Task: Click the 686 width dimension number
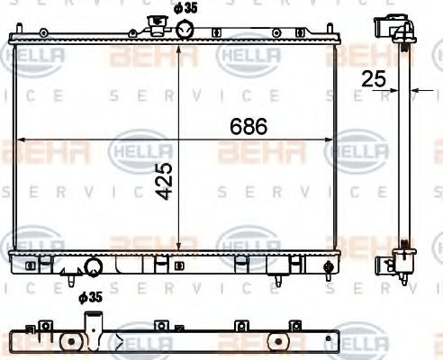click(249, 127)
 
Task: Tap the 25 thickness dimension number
click(373, 79)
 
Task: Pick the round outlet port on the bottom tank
click(93, 266)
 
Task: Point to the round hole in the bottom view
click(70, 343)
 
